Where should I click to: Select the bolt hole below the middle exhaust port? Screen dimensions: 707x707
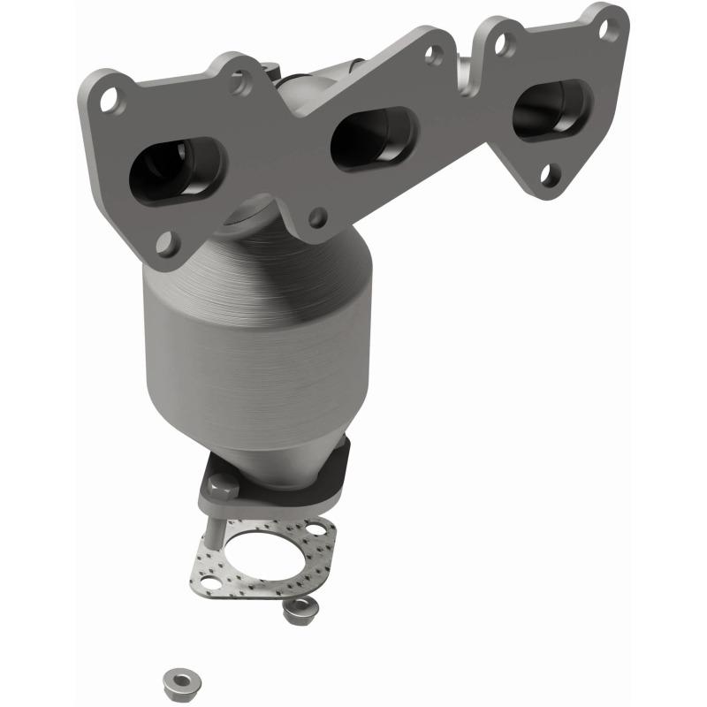(x=316, y=215)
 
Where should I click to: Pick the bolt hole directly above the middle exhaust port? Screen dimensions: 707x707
(x=433, y=55)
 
